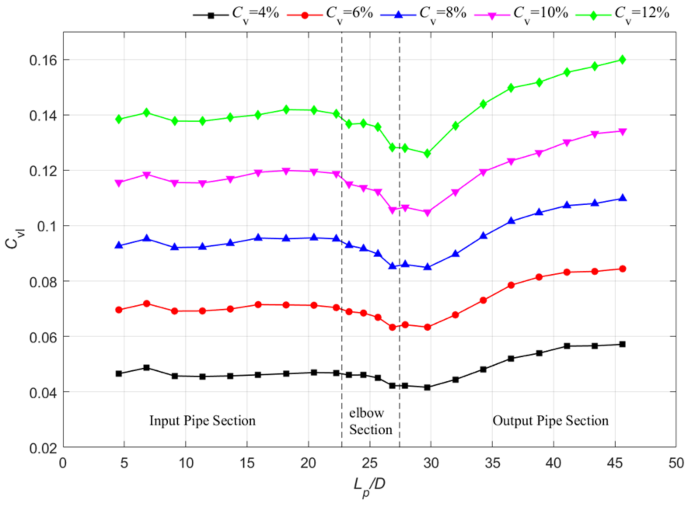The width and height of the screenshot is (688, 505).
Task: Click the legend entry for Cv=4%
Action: pos(236,15)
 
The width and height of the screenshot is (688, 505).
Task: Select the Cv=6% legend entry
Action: pos(330,15)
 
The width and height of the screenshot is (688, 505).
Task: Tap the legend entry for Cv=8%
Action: pos(423,15)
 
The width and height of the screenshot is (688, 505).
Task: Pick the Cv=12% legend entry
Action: pos(623,15)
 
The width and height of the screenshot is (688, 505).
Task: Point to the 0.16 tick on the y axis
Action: pos(43,60)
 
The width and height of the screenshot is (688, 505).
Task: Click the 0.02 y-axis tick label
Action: pos(43,448)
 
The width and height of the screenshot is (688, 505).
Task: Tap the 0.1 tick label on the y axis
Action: pos(47,226)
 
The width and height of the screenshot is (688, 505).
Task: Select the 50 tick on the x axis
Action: pos(676,463)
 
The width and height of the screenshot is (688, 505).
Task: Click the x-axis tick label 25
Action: pos(370,463)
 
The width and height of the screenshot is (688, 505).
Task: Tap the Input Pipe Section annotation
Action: pos(203,421)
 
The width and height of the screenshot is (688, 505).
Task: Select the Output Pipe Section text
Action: pos(550,421)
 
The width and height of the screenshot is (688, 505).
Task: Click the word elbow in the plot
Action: pos(367,413)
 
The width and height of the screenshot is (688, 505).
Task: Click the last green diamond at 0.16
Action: pos(622,59)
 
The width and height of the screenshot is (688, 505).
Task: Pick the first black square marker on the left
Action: pos(119,373)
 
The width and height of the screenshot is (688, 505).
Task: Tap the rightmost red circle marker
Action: pos(622,269)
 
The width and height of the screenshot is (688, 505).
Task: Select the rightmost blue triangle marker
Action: pos(622,198)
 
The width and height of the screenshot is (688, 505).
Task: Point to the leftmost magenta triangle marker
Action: pos(119,183)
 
